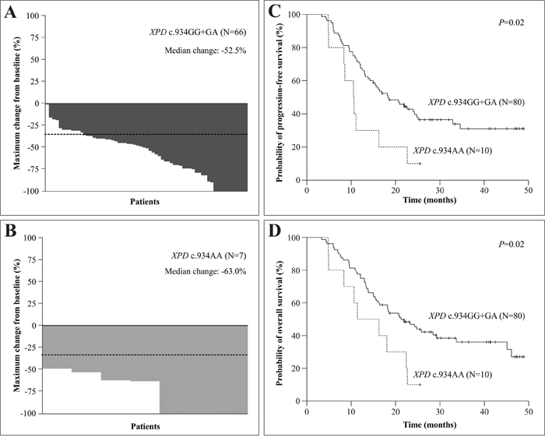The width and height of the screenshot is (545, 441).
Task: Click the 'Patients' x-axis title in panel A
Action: click(x=146, y=201)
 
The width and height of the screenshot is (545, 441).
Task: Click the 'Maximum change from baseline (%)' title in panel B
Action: click(x=15, y=325)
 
